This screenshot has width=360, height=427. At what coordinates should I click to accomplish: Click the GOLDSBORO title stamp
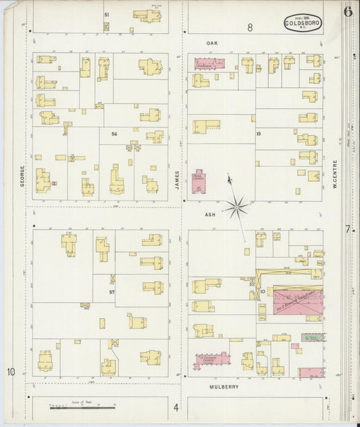[303, 23]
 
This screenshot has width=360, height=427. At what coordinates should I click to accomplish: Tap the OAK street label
[210, 42]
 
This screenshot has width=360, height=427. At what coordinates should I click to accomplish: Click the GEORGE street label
[22, 176]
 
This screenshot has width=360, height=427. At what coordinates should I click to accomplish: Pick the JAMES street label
[178, 178]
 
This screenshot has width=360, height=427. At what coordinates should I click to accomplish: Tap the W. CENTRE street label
[335, 172]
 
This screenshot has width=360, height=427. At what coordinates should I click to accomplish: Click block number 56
[115, 134]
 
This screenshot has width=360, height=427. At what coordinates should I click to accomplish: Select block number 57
[111, 292]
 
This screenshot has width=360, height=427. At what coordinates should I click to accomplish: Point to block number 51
[106, 14]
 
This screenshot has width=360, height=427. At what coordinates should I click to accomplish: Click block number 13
[258, 134]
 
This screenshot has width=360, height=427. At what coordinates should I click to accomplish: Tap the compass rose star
[236, 206]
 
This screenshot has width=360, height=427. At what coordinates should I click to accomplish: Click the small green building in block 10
[311, 336]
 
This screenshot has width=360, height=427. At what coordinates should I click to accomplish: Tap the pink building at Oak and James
[209, 64]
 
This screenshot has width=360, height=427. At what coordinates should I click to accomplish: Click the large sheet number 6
[347, 11]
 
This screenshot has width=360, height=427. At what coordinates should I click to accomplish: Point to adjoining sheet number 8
[249, 28]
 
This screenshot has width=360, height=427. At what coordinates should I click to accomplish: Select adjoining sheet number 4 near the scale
[176, 407]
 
